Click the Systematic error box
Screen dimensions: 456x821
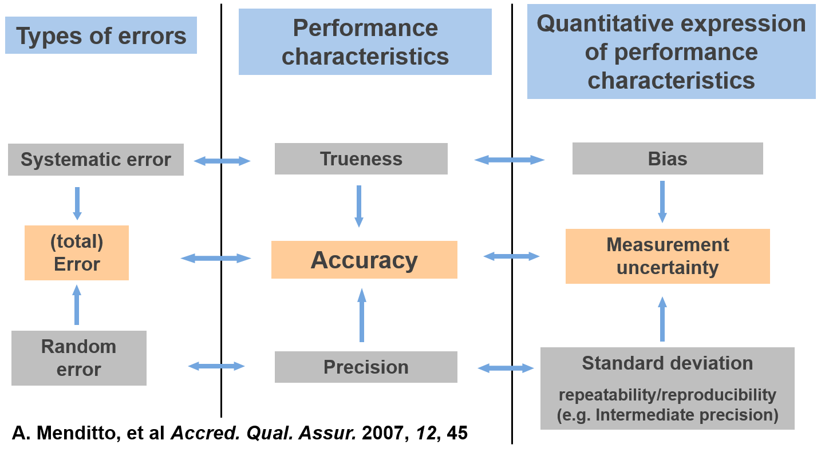click(x=96, y=160)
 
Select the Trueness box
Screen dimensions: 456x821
click(x=361, y=158)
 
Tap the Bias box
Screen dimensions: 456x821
click(x=667, y=158)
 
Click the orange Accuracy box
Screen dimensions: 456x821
click(x=364, y=260)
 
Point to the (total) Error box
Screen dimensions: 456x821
click(x=77, y=253)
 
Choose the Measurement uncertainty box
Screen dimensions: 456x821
click(x=668, y=256)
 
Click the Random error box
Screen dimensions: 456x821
click(x=78, y=358)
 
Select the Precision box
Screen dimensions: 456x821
click(x=366, y=367)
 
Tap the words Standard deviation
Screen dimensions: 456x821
click(x=667, y=363)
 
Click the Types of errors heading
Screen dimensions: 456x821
click(x=101, y=35)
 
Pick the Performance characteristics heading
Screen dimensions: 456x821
click(x=365, y=42)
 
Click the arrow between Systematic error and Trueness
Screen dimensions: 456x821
click(x=222, y=161)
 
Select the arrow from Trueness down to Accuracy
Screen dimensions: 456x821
click(x=359, y=206)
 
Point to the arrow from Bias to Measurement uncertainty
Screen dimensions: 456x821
click(x=662, y=201)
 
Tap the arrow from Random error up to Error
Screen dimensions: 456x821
click(x=77, y=305)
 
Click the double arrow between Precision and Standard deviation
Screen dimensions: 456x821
click(x=506, y=368)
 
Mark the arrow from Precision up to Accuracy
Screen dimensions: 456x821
click(x=361, y=315)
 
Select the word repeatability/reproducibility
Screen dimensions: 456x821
click(x=667, y=395)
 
